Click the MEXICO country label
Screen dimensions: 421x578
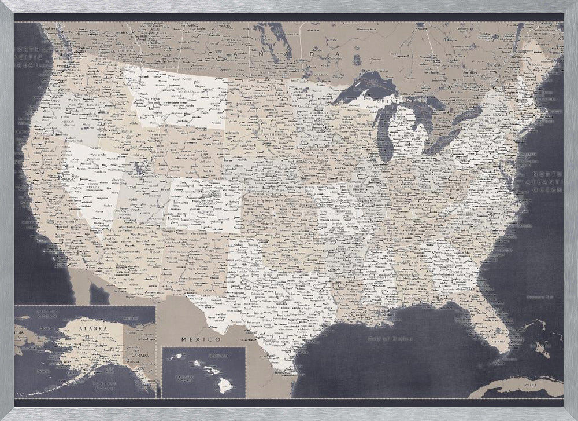[201, 339]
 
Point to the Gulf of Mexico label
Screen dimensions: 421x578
[391, 339]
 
